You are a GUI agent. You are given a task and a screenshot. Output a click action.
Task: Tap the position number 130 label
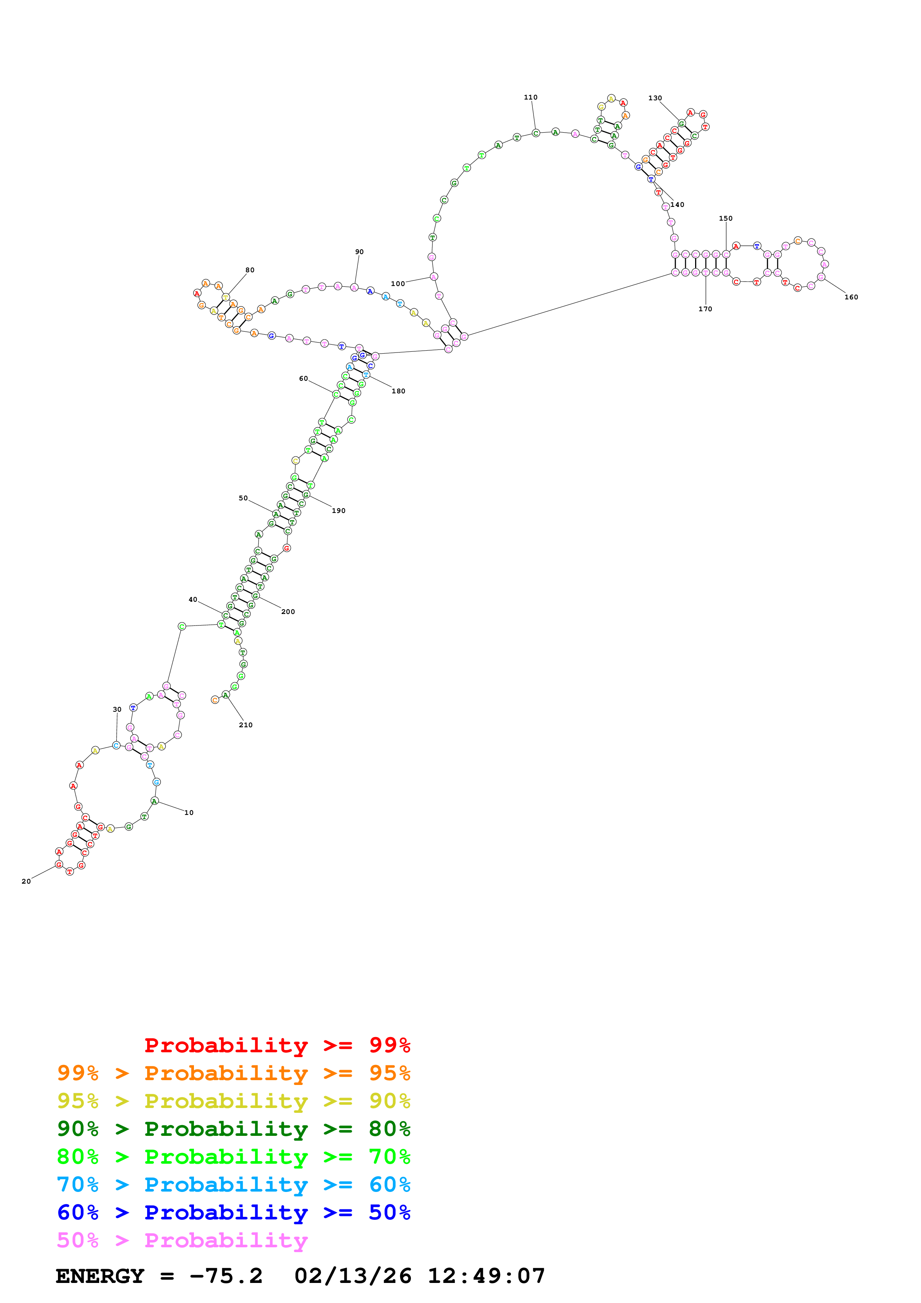click(655, 98)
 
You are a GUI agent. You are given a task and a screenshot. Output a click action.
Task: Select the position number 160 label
click(851, 298)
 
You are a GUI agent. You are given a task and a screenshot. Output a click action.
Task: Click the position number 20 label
click(26, 881)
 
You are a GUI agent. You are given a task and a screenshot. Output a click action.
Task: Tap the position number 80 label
click(250, 270)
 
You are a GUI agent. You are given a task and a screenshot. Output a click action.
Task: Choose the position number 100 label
click(398, 284)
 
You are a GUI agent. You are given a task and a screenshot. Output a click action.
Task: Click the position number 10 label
click(189, 813)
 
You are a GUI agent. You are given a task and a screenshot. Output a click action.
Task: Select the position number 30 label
click(117, 709)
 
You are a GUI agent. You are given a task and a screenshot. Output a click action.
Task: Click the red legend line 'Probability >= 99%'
click(277, 1045)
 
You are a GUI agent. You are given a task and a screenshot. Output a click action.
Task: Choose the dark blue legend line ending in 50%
click(233, 1212)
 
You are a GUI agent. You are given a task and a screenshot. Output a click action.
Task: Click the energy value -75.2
click(226, 1276)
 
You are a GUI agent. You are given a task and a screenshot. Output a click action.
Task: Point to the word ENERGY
click(100, 1276)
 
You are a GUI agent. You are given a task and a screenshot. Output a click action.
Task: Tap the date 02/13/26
click(353, 1276)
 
